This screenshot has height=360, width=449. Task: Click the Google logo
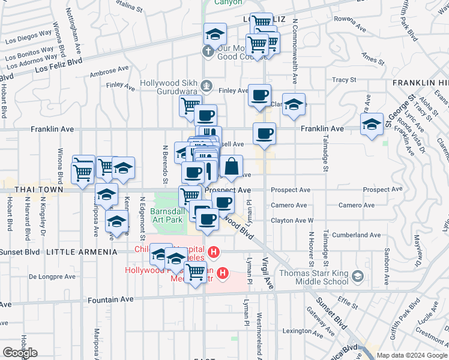tap(20, 353)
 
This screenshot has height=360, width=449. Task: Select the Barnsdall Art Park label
tap(167, 215)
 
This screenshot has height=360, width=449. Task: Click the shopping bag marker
tap(231, 166)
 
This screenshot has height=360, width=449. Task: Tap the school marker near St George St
tap(372, 124)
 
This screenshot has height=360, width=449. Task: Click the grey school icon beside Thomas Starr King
tap(358, 276)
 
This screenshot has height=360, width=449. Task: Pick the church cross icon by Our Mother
tap(208, 51)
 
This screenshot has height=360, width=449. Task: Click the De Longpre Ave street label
tap(52, 277)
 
